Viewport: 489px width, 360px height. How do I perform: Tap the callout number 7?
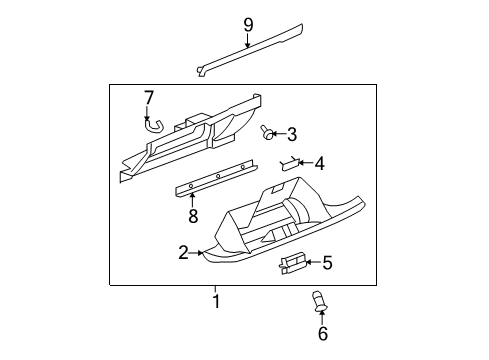(148, 98)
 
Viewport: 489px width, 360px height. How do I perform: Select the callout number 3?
(292, 134)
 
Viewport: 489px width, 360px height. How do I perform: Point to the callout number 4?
(319, 163)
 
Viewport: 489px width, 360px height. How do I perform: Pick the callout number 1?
(215, 300)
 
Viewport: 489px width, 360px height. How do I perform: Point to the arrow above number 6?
(322, 314)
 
